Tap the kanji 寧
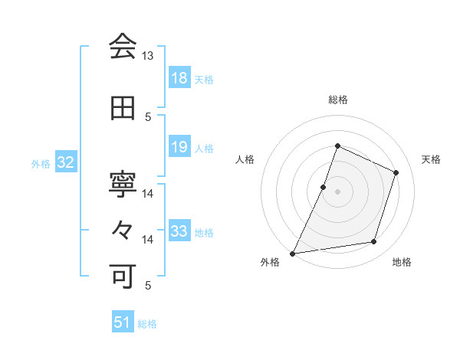123,184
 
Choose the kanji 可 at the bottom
123,273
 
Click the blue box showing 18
179,79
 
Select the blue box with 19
179,147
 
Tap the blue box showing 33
179,231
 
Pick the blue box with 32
65,162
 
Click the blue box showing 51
123,322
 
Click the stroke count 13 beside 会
147,57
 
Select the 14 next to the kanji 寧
147,194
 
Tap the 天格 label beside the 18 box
204,80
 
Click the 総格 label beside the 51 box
147,323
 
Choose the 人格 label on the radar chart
245,159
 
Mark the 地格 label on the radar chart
402,263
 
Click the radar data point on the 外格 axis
293,253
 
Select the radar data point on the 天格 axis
396,172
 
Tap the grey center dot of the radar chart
337,191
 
